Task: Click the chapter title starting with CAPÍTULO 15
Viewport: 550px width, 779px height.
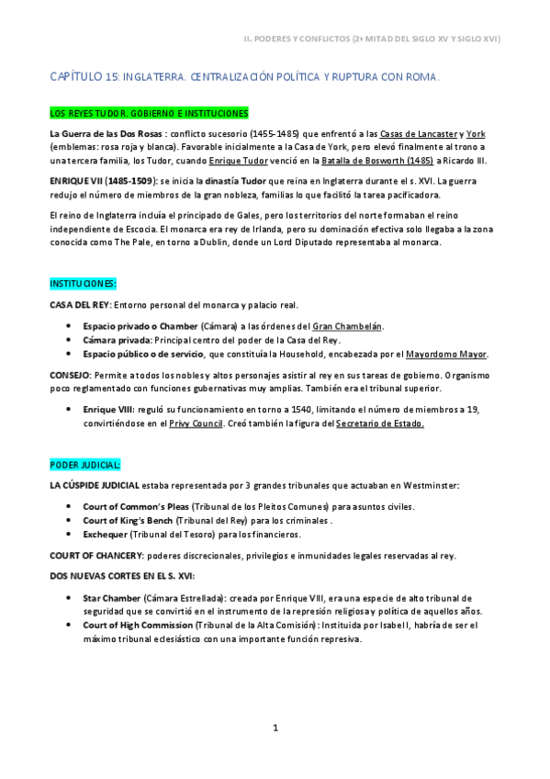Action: click(x=244, y=78)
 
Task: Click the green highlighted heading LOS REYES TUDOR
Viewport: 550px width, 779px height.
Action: click(x=148, y=114)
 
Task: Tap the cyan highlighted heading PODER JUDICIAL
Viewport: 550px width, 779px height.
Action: click(x=84, y=465)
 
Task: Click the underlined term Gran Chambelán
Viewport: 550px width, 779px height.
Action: click(x=348, y=326)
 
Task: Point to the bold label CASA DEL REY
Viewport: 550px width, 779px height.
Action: click(x=80, y=304)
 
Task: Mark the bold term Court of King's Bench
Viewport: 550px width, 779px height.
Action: click(x=128, y=520)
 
